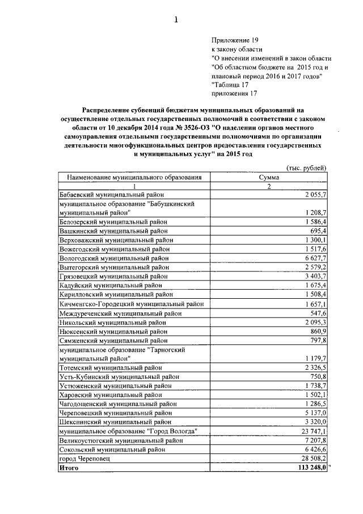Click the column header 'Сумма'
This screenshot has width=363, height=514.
point(268,177)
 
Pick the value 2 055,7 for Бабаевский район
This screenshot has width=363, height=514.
point(315,194)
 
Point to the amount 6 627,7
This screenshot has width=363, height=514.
point(315,257)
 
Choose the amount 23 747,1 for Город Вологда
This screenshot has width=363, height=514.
point(313,431)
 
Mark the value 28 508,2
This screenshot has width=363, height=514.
point(313,458)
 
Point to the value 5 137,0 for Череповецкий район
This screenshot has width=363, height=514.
point(315,413)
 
